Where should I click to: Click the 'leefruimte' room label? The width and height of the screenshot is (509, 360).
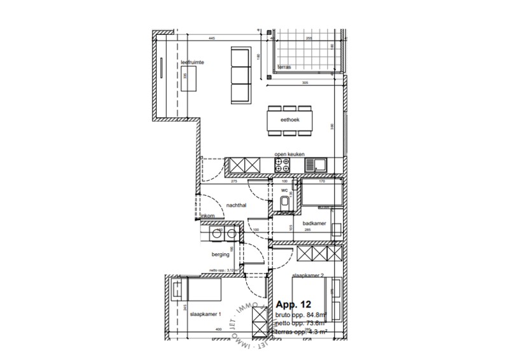192,62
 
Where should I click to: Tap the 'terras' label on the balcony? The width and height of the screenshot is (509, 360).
284,66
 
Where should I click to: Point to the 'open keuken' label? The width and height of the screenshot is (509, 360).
289,155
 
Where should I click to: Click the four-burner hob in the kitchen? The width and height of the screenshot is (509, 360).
282,165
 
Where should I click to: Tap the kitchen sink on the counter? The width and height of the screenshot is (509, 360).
316,165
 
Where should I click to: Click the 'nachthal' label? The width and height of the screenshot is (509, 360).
237,205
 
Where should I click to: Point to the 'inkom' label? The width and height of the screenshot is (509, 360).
207,217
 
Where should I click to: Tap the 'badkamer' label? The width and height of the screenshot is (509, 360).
315,223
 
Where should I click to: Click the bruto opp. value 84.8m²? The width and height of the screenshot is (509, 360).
316,314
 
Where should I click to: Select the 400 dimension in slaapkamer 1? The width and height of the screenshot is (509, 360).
218,329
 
